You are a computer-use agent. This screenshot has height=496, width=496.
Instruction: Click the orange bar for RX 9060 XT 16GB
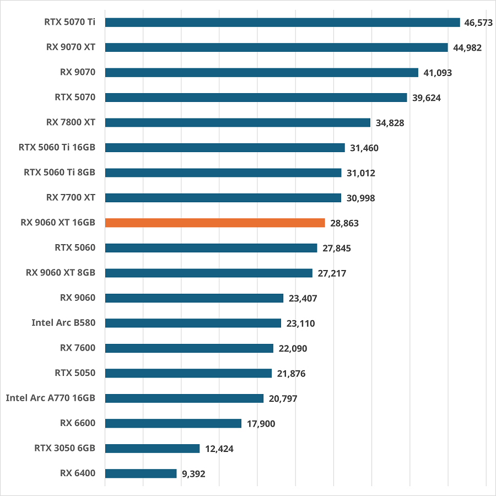pos(215,223)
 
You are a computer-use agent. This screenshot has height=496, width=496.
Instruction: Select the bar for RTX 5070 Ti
pos(282,22)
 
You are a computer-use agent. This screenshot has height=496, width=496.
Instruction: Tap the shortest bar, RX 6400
pos(141,473)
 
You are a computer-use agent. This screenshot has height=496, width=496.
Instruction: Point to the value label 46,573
pos(479,23)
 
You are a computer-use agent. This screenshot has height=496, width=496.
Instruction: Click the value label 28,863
pos(344,223)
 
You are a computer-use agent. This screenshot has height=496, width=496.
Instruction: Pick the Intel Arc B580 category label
pos(63,322)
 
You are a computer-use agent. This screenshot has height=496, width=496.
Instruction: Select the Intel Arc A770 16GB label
pos(51,397)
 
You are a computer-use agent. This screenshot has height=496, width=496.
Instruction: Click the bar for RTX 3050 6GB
pos(152,449)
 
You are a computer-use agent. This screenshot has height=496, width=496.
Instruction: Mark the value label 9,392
pos(193,474)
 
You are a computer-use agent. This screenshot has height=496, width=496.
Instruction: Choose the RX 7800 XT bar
pos(238,122)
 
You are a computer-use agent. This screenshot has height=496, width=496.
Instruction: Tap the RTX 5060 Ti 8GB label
pos(60,172)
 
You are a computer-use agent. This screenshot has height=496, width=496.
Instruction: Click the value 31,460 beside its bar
pos(364,148)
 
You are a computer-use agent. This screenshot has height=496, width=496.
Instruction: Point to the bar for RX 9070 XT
pos(276,47)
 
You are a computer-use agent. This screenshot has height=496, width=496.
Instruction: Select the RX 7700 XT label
pos(71,197)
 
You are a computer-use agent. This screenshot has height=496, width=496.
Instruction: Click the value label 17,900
pos(261,424)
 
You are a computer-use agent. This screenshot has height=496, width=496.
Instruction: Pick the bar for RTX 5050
pos(188,373)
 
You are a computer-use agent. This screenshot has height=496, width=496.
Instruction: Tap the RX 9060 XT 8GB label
pos(61,272)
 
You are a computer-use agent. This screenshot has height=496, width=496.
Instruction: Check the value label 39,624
pos(427,98)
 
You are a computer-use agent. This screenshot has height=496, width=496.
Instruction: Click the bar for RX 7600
pos(189,348)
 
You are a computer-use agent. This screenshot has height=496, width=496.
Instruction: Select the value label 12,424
pos(219,449)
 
